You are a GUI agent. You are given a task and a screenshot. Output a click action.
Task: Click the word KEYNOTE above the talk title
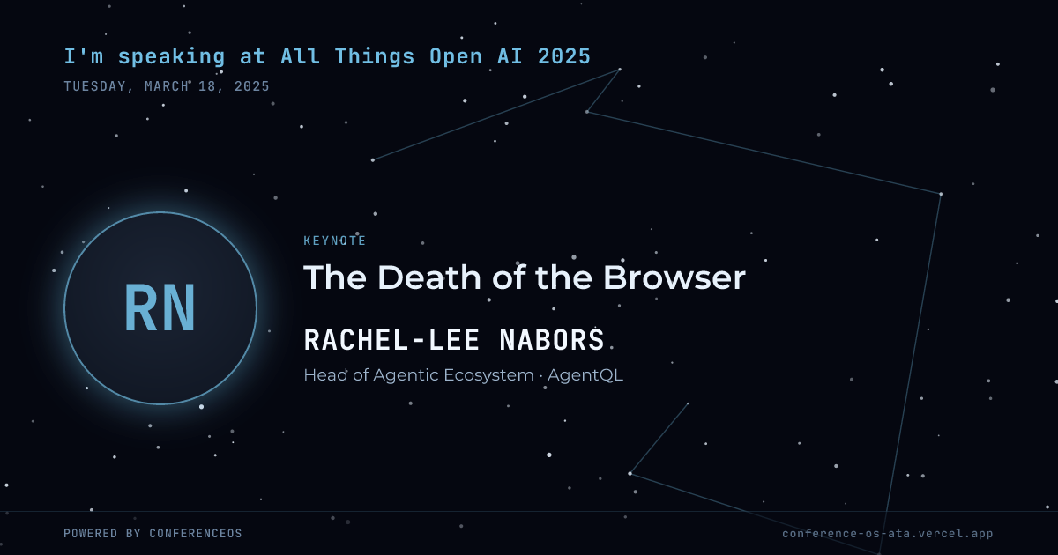pyautogui.click(x=335, y=240)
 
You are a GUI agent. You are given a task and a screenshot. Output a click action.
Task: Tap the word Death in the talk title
pyautogui.click(x=429, y=277)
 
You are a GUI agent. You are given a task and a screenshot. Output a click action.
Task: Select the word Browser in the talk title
pyautogui.click(x=674, y=277)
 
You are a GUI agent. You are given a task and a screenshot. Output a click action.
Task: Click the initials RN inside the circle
pyautogui.click(x=160, y=308)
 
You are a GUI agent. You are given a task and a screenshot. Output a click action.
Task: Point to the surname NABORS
pyautogui.click(x=552, y=339)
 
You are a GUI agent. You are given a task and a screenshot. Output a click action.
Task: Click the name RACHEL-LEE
pyautogui.click(x=392, y=339)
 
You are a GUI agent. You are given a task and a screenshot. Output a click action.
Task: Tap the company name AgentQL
pyautogui.click(x=585, y=375)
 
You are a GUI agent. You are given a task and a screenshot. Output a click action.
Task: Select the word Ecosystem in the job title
pyautogui.click(x=488, y=375)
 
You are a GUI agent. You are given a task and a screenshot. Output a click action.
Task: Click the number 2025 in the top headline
pyautogui.click(x=564, y=56)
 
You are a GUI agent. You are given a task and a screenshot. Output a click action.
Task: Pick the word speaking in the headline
pyautogui.click(x=171, y=57)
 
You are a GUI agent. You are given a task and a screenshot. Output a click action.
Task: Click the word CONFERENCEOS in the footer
pyautogui.click(x=196, y=533)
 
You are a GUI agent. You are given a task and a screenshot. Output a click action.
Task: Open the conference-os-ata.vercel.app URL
pyautogui.click(x=888, y=534)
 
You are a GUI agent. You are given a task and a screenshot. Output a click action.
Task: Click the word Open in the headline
pyautogui.click(x=456, y=57)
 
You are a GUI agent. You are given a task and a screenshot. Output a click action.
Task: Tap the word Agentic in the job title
pyautogui.click(x=406, y=375)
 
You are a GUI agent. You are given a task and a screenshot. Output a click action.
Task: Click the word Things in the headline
pyautogui.click(x=375, y=57)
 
